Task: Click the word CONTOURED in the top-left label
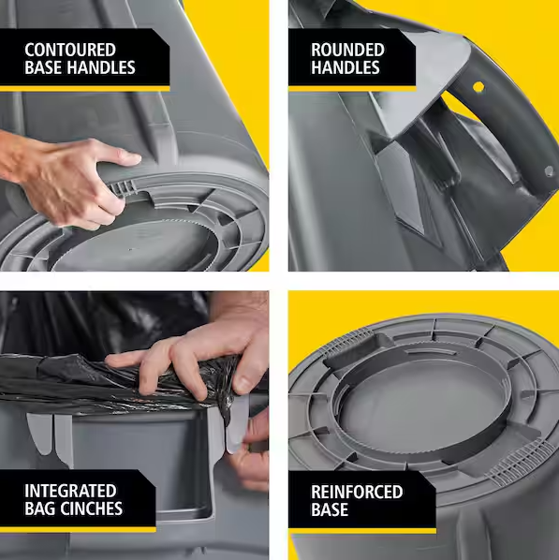click(70, 50)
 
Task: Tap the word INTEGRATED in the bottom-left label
click(71, 492)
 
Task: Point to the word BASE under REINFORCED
click(331, 510)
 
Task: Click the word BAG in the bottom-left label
click(41, 509)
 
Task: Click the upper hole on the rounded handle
click(478, 87)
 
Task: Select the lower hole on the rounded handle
click(549, 170)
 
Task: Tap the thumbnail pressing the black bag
click(243, 383)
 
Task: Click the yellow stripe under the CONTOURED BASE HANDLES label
click(84, 87)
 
